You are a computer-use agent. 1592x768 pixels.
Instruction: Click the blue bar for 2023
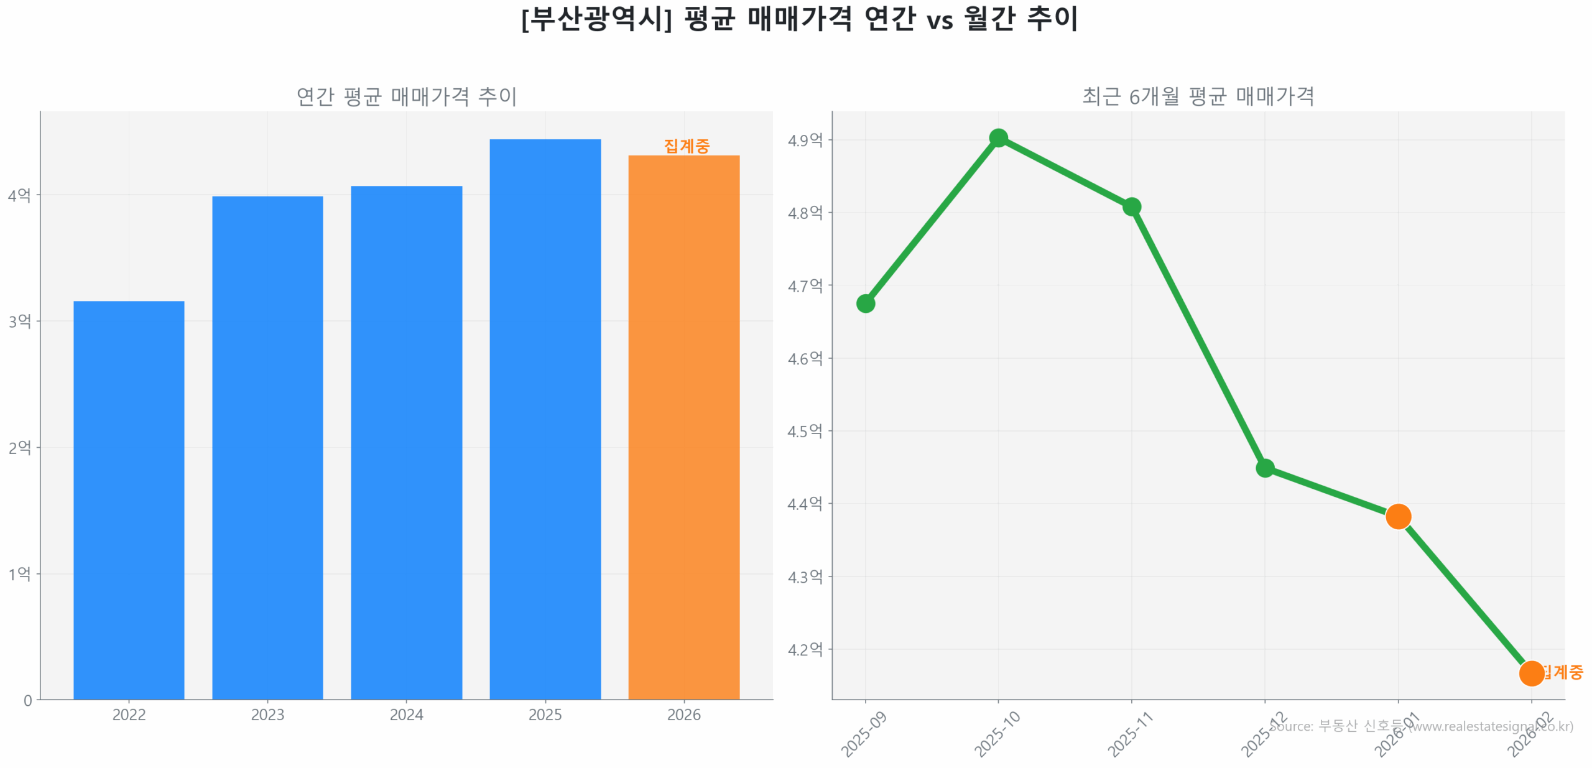[x=267, y=447]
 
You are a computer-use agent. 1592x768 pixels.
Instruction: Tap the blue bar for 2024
[x=406, y=442]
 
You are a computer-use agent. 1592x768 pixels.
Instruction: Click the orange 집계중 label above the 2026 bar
[x=686, y=146]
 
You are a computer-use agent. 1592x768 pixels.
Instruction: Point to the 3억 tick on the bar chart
[x=19, y=321]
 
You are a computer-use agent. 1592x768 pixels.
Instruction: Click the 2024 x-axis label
[x=406, y=715]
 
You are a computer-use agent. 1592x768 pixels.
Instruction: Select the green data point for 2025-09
[x=865, y=303]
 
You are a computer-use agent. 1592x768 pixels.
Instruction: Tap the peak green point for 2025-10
[x=998, y=138]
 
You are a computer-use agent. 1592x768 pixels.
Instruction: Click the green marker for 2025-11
[x=1131, y=206]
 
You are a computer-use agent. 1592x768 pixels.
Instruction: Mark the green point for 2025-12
[x=1264, y=468]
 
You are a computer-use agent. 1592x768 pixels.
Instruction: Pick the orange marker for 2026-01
[x=1398, y=516]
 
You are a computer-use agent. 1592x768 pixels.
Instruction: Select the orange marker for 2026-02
[x=1531, y=673]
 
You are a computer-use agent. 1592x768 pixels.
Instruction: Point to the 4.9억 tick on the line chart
[x=805, y=140]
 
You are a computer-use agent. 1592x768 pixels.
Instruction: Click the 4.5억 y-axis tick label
[x=805, y=431]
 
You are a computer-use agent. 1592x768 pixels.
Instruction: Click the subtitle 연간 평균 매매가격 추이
[x=406, y=96]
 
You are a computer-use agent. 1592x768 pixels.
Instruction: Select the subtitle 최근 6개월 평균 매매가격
[x=1198, y=96]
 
